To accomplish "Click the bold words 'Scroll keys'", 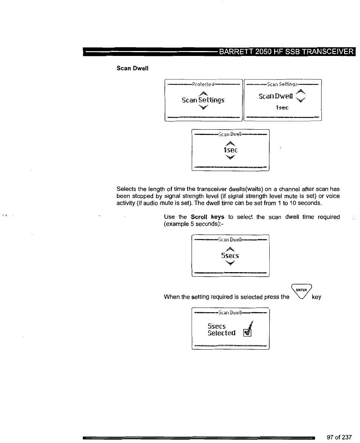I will (208, 217).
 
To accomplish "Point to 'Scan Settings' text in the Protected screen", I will (203, 100).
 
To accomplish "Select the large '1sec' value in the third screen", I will (230, 151).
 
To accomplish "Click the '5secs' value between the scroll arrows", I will (230, 256).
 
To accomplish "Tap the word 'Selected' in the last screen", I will (221, 333).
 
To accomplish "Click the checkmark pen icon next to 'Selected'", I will (248, 329).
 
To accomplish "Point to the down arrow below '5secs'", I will (230, 263).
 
